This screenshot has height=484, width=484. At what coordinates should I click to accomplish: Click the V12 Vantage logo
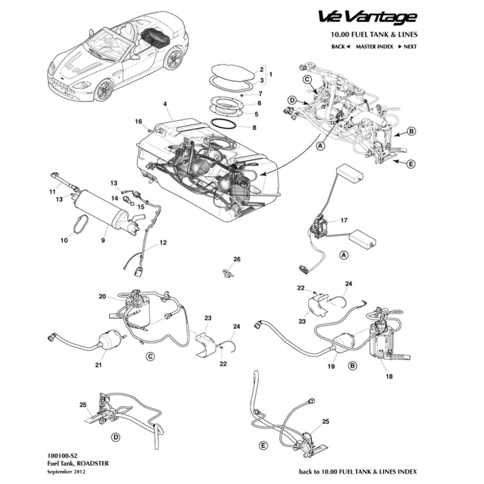tap(367, 17)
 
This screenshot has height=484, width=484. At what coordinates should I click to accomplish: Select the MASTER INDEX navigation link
tap(374, 47)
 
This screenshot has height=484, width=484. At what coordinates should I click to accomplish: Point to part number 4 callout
tap(165, 104)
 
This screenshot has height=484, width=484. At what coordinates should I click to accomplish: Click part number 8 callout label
tap(255, 128)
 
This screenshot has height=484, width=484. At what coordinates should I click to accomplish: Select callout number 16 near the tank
tap(138, 122)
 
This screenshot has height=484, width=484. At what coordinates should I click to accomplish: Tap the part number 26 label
tap(237, 259)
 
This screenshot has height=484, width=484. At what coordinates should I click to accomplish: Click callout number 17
tap(344, 220)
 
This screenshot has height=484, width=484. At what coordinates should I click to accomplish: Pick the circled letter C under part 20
tap(151, 356)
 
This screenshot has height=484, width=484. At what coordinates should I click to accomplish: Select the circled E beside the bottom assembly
tap(263, 445)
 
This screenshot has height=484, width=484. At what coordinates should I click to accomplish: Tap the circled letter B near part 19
tap(353, 366)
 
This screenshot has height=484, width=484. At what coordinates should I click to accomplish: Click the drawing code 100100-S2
tap(59, 455)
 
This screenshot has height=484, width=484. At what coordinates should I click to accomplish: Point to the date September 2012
tap(66, 471)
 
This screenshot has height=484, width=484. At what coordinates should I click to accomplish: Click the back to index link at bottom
tap(358, 471)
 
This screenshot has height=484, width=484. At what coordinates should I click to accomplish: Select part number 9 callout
tap(103, 240)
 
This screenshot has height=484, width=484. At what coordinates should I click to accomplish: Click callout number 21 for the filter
tap(99, 365)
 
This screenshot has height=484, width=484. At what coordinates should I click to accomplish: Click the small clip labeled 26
tap(228, 272)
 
